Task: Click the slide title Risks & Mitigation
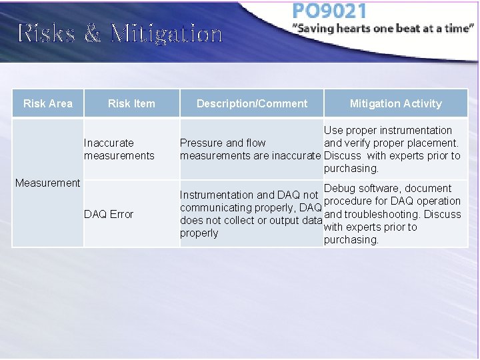click(x=120, y=33)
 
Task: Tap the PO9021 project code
click(x=329, y=11)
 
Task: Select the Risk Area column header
click(x=48, y=103)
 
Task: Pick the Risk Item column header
click(x=131, y=103)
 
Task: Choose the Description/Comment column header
click(x=252, y=103)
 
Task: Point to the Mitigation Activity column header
click(x=395, y=103)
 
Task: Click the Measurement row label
click(x=47, y=183)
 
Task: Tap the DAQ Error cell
click(x=109, y=214)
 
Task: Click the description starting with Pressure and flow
click(x=251, y=149)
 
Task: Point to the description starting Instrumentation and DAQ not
click(x=251, y=214)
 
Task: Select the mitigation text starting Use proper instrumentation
click(x=392, y=149)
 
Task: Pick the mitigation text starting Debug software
click(x=392, y=214)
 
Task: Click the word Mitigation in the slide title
click(x=166, y=33)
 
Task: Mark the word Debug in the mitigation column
click(x=339, y=189)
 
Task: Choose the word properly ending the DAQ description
click(x=199, y=233)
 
